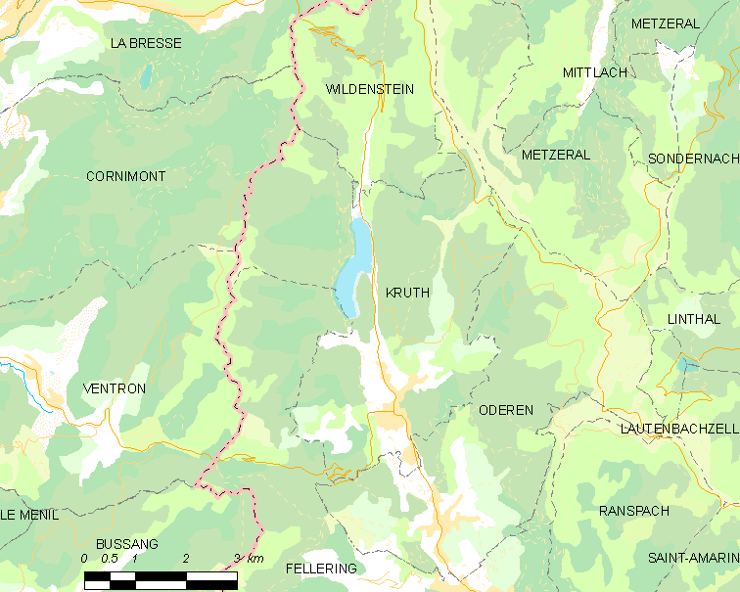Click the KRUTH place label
[407, 293]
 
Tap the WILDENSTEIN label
[369, 89]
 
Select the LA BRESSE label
[146, 43]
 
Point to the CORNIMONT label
[125, 176]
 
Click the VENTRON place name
[115, 388]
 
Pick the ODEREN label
[506, 410]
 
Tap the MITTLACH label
[595, 72]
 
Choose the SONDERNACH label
[692, 159]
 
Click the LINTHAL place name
[693, 319]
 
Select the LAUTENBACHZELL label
[678, 429]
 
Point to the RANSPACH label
[633, 511]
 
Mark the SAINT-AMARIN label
[692, 558]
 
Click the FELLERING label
[321, 568]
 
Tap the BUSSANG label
[126, 544]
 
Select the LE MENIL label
[29, 514]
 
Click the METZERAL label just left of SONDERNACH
[556, 155]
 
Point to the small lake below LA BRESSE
[146, 77]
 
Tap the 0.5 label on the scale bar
[110, 559]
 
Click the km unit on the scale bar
[254, 559]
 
